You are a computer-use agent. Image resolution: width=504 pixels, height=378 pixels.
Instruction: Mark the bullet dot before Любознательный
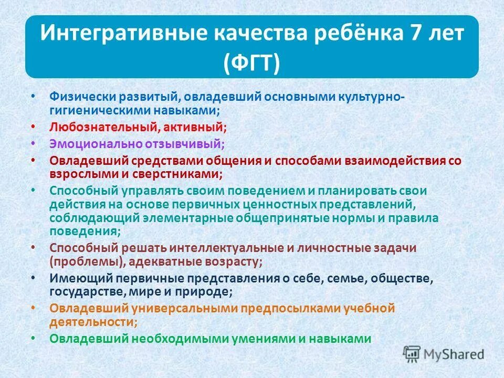[x=34, y=127]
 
